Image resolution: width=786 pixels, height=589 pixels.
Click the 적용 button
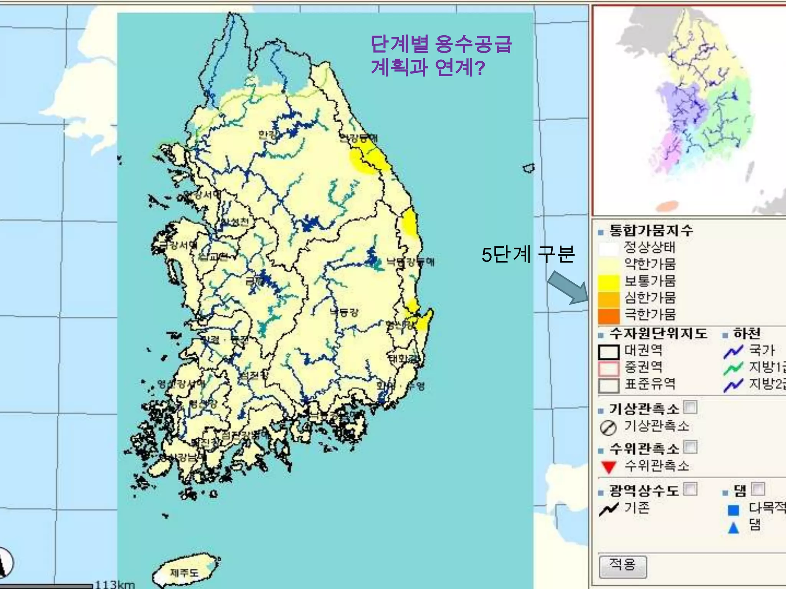coord(623,566)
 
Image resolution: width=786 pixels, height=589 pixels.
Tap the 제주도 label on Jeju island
coord(184,573)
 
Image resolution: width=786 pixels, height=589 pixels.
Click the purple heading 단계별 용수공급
coord(441,44)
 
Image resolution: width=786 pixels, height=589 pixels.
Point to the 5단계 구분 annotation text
coord(528,254)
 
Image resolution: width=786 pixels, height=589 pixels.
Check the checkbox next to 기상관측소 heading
coord(690,407)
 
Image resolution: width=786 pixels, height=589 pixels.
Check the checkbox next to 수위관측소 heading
coord(690,447)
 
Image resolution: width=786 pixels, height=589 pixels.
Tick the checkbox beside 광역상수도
coord(690,489)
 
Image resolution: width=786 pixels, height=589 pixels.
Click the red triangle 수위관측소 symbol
coord(609,467)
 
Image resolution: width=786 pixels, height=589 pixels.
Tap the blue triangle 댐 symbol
coord(733,528)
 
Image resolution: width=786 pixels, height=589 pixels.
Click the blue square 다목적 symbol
coord(733,510)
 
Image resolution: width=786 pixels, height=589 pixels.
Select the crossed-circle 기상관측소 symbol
coord(608,428)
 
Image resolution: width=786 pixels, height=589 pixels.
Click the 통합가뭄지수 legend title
coord(651,230)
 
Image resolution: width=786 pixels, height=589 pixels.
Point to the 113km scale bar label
coord(114,584)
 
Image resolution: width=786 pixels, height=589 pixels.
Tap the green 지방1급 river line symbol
coord(733,369)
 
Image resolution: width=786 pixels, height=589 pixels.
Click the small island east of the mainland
coord(529,168)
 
